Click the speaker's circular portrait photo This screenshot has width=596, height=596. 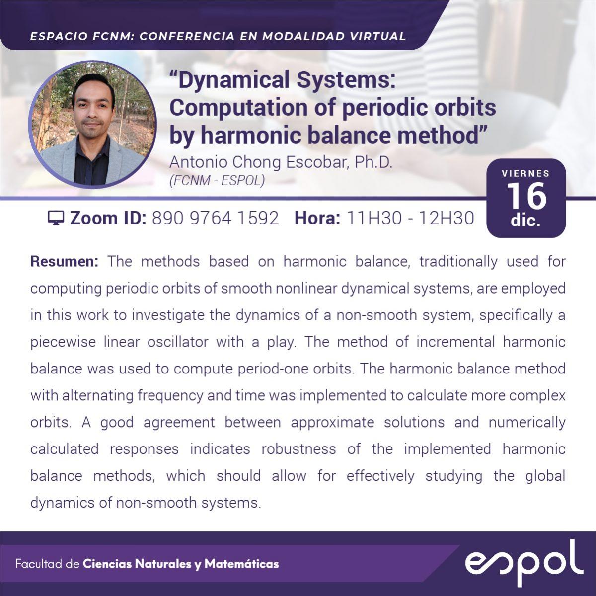coord(92,124)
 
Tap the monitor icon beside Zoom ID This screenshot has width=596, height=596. coord(56,218)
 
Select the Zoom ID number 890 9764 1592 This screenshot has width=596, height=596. coord(216,218)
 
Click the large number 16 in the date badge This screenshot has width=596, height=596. coord(526,196)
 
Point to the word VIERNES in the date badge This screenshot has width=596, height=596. coord(526,173)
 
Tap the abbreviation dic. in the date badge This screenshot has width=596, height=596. coord(525,221)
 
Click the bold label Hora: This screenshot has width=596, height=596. coord(317,218)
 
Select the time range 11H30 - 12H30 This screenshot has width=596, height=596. coord(410,218)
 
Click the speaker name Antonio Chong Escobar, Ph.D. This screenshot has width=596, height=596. coord(281,162)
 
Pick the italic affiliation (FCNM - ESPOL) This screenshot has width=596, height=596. coord(217,181)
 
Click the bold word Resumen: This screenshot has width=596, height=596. coord(65,262)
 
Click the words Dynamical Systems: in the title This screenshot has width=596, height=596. coord(287,79)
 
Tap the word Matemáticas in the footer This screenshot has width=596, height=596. coord(241,564)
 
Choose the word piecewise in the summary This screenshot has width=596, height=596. coord(63,342)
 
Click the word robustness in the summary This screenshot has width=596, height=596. coord(298,449)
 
